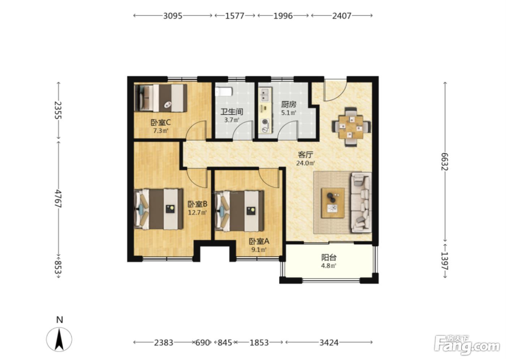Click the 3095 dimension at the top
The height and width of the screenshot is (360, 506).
point(173,16)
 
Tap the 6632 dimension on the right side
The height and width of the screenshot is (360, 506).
point(445,162)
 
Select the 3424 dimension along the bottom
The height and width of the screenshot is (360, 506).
point(329,343)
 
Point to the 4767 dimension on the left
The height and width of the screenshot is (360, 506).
point(58,198)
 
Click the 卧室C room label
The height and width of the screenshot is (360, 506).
point(160,123)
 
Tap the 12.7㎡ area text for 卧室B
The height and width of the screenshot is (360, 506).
point(198,212)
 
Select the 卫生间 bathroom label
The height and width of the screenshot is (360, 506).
point(232,112)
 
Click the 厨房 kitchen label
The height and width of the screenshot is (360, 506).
point(288,104)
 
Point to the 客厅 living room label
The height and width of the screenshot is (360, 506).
point(305,155)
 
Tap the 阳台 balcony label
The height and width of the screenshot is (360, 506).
point(329,257)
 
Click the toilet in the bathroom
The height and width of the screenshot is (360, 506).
point(224,92)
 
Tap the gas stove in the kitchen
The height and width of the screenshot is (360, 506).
point(265,125)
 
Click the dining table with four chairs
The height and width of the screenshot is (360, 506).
point(351,127)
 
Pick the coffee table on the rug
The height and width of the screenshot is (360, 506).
point(333,203)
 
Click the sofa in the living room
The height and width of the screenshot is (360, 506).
point(361,202)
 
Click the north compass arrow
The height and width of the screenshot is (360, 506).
point(59,340)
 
